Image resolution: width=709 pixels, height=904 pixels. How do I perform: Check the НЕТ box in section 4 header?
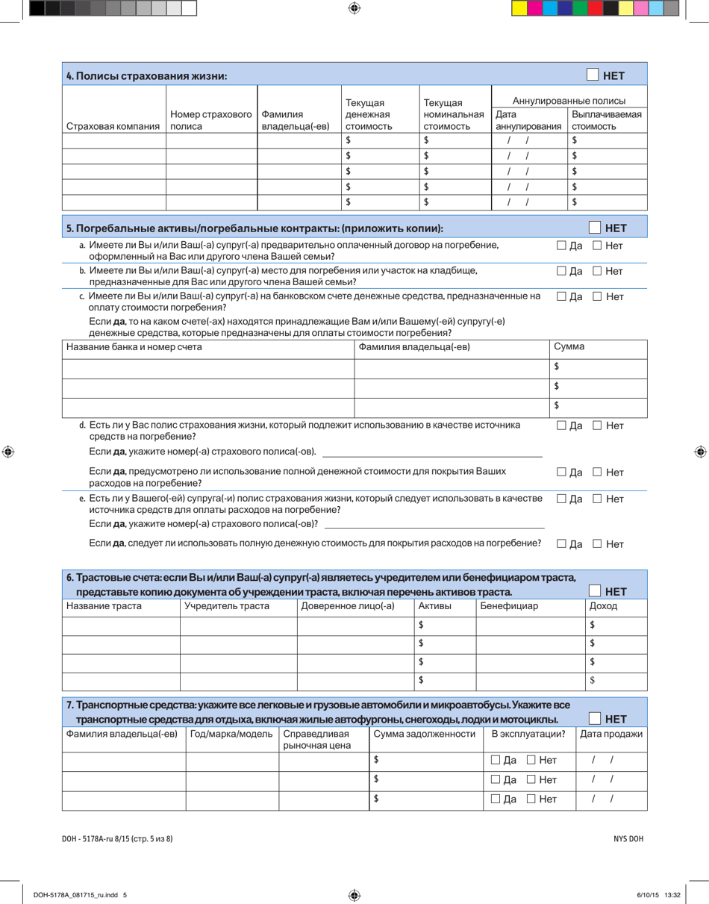593,75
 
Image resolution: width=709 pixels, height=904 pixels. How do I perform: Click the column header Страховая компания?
113,127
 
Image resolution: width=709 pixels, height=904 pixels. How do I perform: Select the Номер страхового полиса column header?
211,120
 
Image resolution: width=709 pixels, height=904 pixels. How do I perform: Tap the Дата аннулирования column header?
528,120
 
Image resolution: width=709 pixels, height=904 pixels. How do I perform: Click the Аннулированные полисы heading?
569,101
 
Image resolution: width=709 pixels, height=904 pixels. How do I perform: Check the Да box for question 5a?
562,246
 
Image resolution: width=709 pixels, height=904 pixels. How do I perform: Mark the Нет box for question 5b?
598,271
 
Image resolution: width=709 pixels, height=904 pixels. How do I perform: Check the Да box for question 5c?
562,297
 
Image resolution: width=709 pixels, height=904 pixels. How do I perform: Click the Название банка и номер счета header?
134,347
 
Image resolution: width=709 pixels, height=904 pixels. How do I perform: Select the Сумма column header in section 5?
569,347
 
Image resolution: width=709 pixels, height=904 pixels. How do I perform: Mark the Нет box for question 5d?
598,426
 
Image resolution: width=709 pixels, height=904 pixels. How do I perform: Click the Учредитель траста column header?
227,606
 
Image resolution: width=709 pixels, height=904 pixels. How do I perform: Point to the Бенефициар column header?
509,606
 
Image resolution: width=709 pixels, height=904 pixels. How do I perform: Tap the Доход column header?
603,606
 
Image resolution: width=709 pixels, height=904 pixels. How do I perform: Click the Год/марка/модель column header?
232,734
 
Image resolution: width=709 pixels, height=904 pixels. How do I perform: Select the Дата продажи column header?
611,734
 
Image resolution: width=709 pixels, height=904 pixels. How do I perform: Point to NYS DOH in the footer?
628,838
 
